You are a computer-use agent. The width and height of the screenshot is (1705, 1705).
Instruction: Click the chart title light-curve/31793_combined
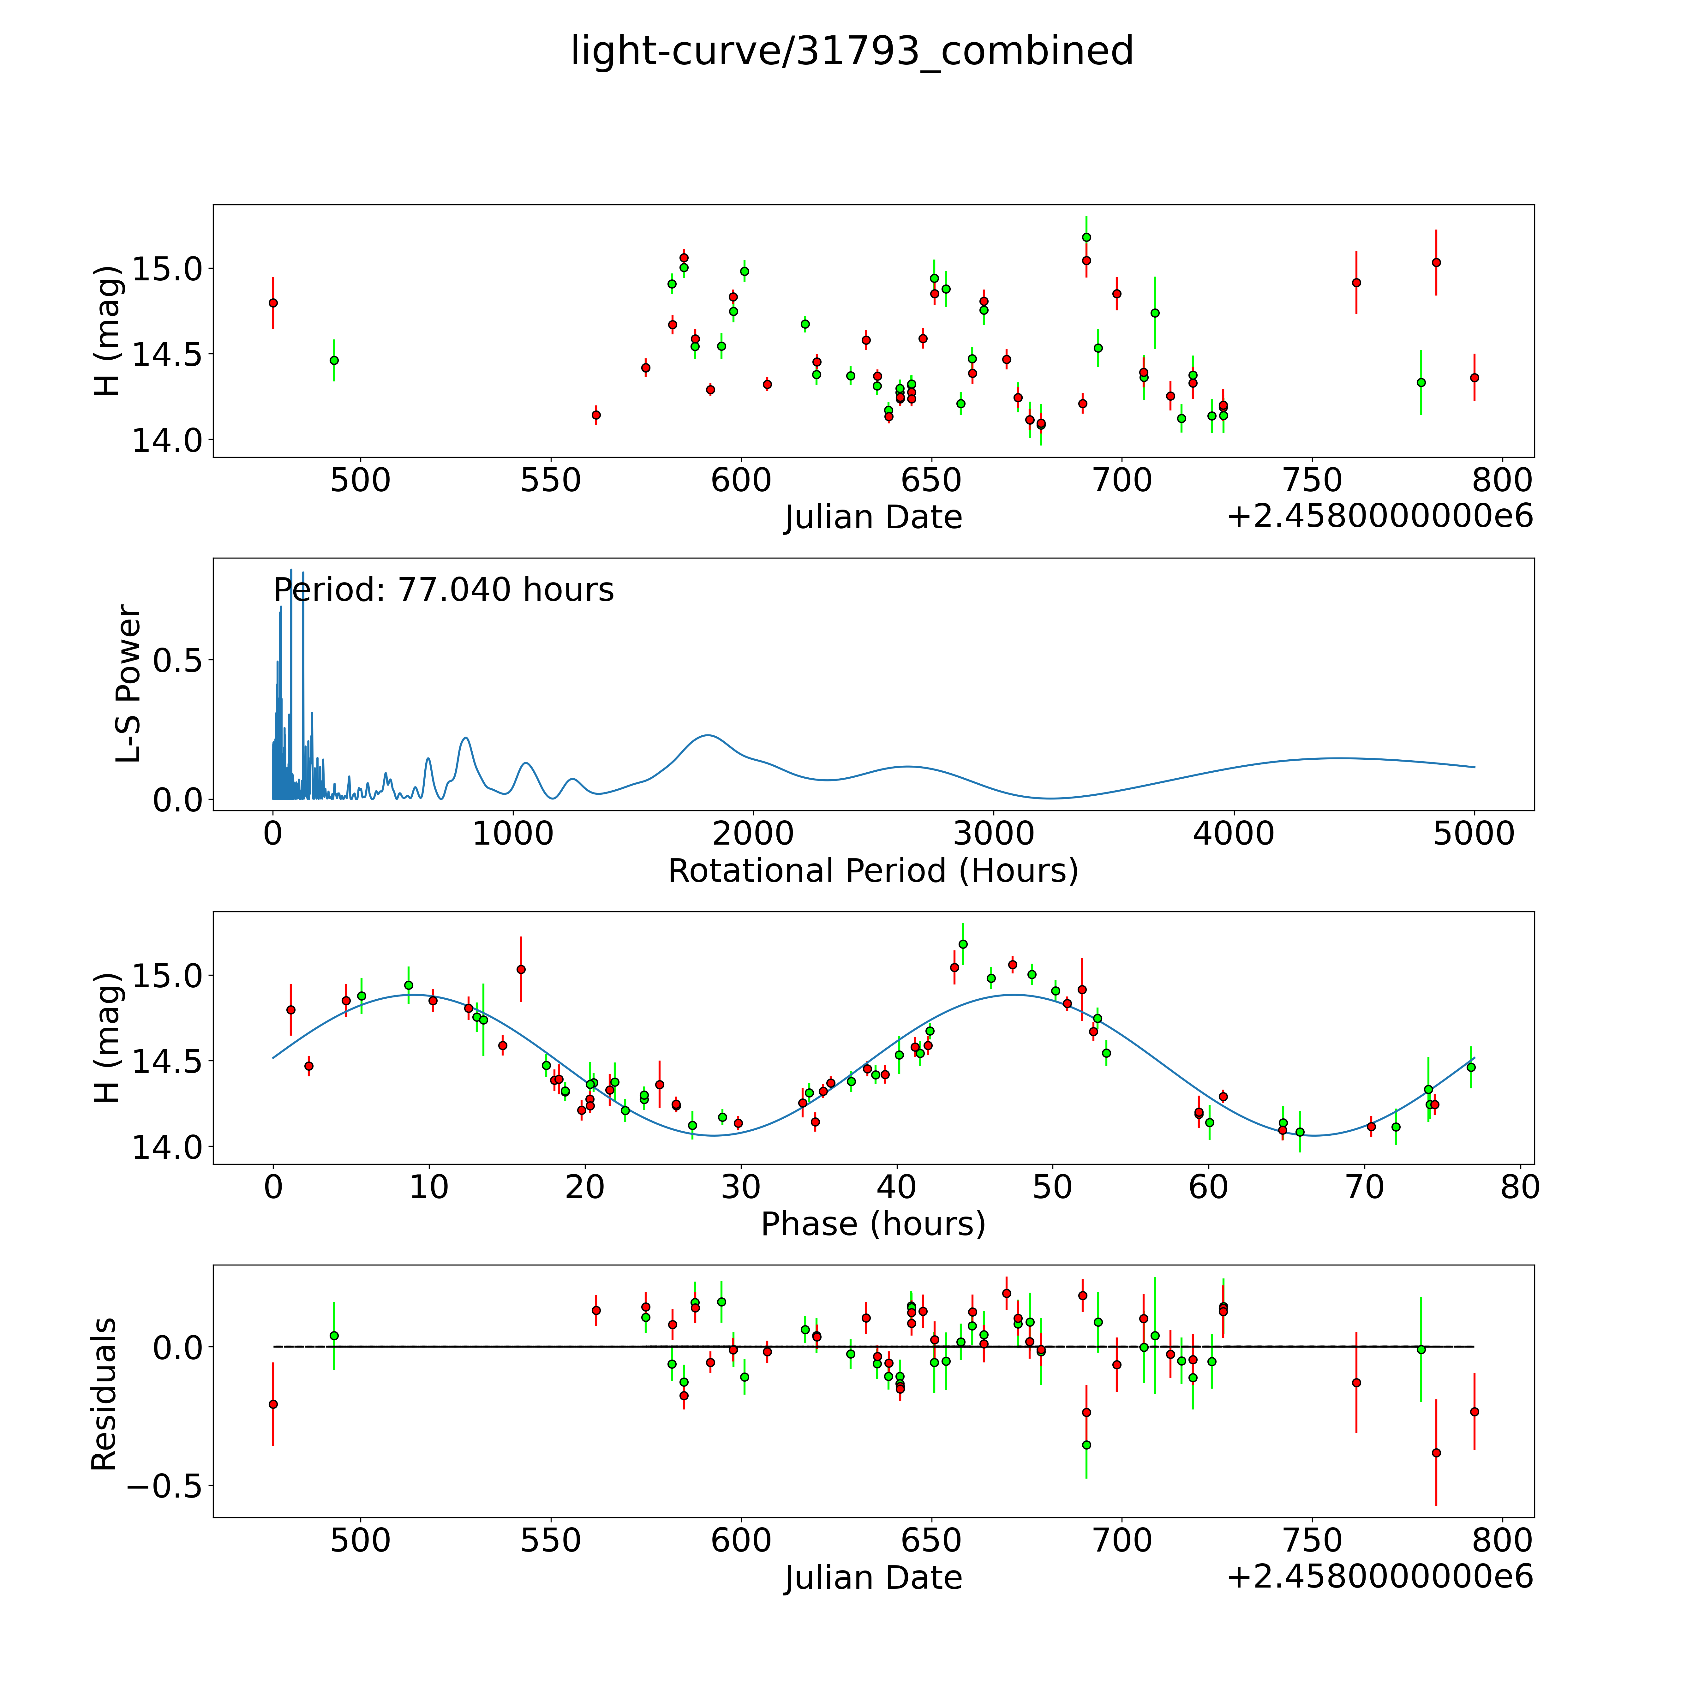click(852, 51)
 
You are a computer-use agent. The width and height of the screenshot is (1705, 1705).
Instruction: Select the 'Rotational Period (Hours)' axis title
click(873, 871)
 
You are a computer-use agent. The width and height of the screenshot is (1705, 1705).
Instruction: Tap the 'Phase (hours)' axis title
click(873, 1224)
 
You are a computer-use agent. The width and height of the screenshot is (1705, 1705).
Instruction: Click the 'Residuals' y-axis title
click(104, 1394)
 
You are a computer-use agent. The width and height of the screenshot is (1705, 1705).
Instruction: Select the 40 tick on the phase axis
click(897, 1187)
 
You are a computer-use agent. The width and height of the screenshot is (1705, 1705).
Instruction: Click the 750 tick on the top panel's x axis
click(1311, 481)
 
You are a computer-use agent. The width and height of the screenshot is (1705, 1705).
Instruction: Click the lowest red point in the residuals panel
click(1436, 1453)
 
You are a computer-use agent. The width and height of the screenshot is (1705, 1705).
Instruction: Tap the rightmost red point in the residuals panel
click(1474, 1412)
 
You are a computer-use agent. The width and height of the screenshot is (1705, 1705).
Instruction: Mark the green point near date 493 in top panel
click(334, 360)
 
